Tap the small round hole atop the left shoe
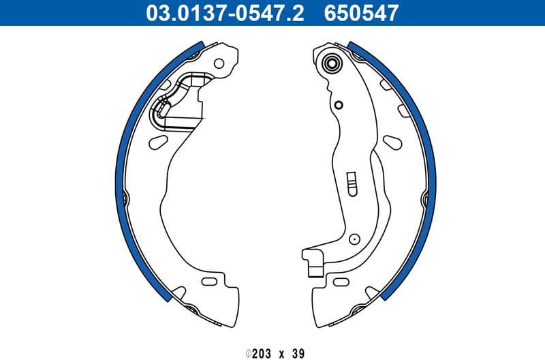pyautogui.click(x=218, y=64)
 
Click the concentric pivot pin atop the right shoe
pyautogui.click(x=332, y=65)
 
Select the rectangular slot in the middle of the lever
pyautogui.click(x=352, y=182)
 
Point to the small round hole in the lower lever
pyautogui.click(x=354, y=239)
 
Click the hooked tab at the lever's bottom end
pyautogui.click(x=314, y=262)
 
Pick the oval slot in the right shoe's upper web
pyautogui.click(x=392, y=141)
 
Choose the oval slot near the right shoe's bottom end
pyautogui.click(x=339, y=281)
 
